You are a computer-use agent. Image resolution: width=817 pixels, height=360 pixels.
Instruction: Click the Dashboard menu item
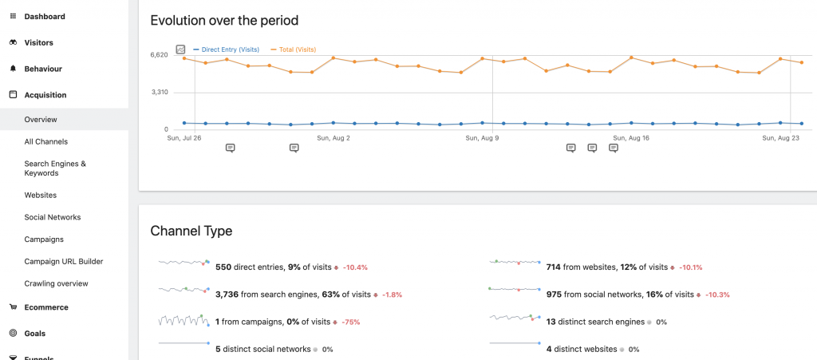click(x=45, y=16)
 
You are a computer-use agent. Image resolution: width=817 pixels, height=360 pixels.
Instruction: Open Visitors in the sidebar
click(x=38, y=42)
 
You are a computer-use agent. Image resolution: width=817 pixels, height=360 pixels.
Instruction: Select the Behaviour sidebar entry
click(x=42, y=69)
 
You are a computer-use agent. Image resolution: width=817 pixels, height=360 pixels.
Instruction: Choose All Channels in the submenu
click(x=45, y=141)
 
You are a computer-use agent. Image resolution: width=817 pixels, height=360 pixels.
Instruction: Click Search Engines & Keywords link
click(x=55, y=168)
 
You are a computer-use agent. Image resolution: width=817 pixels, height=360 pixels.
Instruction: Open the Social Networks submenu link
click(x=52, y=217)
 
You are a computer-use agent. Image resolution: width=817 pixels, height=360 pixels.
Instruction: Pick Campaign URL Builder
click(x=63, y=261)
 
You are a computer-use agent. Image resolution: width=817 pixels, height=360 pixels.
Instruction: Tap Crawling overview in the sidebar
click(x=56, y=283)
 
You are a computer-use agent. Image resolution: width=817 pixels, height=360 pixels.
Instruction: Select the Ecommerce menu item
click(x=45, y=307)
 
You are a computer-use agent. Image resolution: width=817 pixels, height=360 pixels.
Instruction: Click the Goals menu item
click(x=34, y=333)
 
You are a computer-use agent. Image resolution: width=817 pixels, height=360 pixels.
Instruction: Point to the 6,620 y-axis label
click(x=159, y=55)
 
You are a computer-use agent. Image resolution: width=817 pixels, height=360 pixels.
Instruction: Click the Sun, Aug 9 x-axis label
click(x=482, y=138)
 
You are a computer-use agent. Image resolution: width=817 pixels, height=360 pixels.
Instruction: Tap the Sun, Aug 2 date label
click(x=334, y=138)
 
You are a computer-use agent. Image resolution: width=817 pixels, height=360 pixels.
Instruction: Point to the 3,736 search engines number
click(x=227, y=295)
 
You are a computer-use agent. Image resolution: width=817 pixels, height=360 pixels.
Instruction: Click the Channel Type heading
click(x=191, y=231)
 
